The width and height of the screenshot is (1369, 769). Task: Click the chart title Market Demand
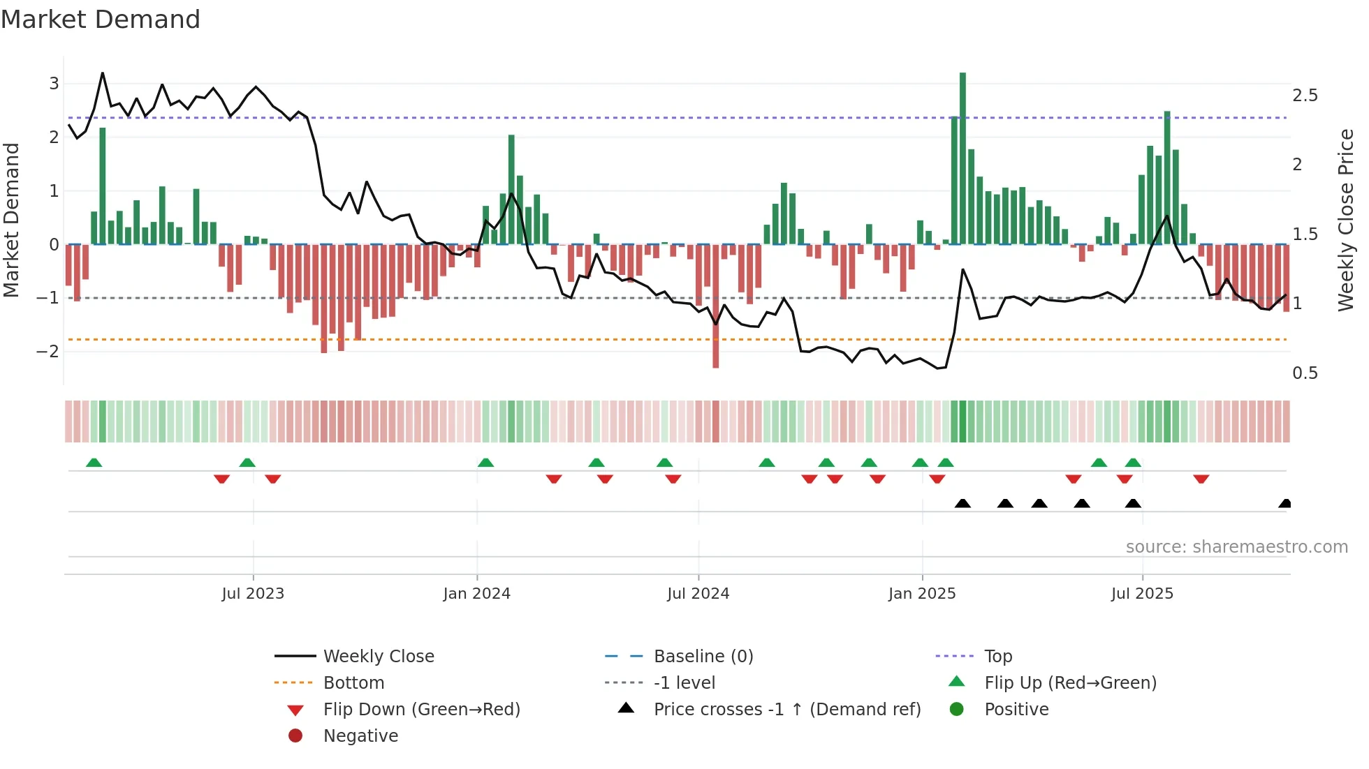pyautogui.click(x=101, y=20)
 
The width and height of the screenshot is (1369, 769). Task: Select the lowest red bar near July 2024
pyautogui.click(x=715, y=307)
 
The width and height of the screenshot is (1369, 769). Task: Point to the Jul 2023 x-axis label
pyautogui.click(x=253, y=594)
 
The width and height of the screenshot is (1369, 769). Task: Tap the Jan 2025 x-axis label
pyautogui.click(x=922, y=594)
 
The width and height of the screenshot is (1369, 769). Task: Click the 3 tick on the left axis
pyautogui.click(x=54, y=84)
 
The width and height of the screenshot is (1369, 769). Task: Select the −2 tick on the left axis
pyautogui.click(x=48, y=352)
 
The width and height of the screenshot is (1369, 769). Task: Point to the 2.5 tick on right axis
pyautogui.click(x=1305, y=96)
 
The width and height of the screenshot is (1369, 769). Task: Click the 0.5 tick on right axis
pyautogui.click(x=1305, y=373)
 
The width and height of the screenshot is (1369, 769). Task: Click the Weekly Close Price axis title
pyautogui.click(x=1345, y=220)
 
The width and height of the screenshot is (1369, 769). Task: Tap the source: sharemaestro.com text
pyautogui.click(x=1236, y=547)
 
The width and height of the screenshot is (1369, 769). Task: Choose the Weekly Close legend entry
pyautogui.click(x=378, y=657)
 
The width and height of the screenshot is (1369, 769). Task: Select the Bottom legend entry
pyautogui.click(x=353, y=683)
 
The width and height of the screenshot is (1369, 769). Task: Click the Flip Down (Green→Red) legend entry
pyautogui.click(x=421, y=710)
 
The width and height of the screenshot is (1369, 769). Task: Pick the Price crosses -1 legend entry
pyautogui.click(x=786, y=710)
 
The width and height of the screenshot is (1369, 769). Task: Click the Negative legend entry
pyautogui.click(x=360, y=736)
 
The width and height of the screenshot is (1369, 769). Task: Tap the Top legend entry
pyautogui.click(x=997, y=657)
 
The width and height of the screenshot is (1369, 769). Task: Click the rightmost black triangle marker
pyautogui.click(x=1284, y=504)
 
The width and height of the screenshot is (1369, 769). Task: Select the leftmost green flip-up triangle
pyautogui.click(x=94, y=463)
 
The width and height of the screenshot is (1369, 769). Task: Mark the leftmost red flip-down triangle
pyautogui.click(x=221, y=479)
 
